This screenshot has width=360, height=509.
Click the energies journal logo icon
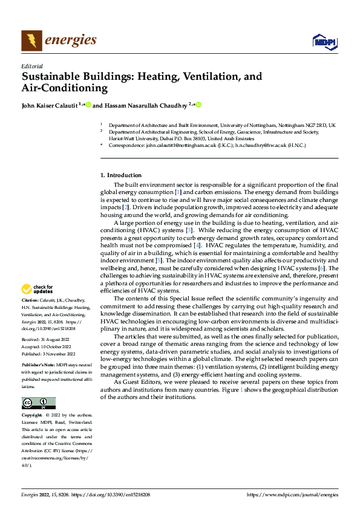click(31, 41)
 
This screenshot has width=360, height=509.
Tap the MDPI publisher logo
click(324, 41)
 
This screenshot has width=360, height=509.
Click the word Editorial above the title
click(31, 66)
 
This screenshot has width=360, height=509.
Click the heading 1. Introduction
click(120, 175)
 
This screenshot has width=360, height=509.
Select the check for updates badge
click(38, 290)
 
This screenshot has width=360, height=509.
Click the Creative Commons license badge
click(38, 403)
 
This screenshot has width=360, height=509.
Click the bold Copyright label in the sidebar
click(32, 417)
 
